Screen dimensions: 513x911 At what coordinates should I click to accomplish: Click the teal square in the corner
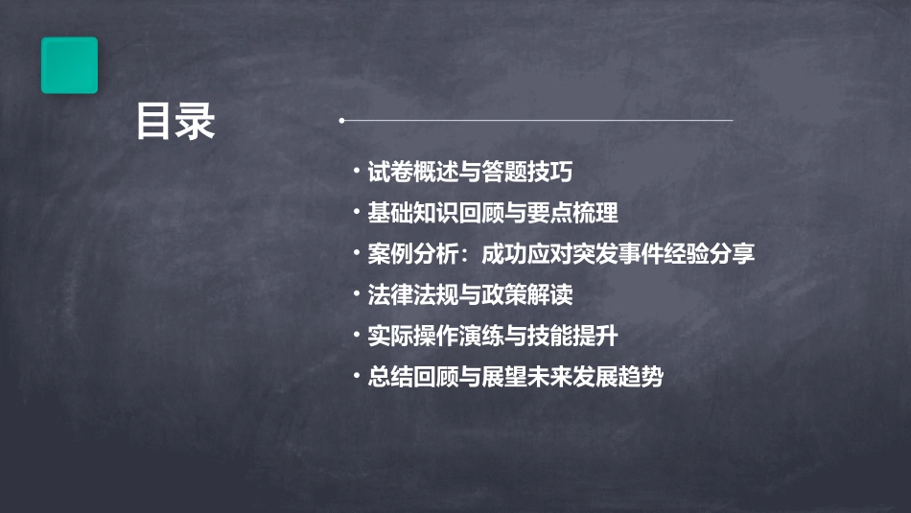[69, 65]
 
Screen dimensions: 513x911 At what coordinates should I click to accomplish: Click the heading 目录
[175, 122]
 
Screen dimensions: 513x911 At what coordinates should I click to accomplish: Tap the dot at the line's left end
[341, 121]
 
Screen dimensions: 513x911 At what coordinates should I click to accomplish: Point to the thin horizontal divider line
[537, 121]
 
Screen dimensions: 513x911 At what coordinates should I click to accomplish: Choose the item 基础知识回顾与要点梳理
[493, 213]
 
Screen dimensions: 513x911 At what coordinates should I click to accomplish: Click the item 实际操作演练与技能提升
[493, 336]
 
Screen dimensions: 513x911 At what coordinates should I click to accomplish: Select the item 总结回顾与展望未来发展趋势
[515, 377]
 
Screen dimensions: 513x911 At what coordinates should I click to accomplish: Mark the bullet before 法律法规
[357, 294]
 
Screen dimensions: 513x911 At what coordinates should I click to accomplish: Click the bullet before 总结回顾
[357, 377]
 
